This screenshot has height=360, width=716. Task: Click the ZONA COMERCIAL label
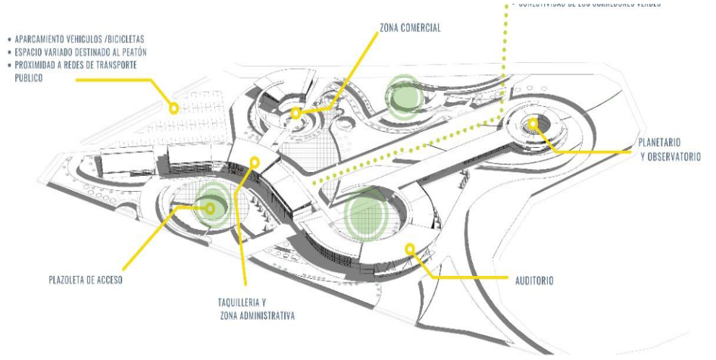pyautogui.click(x=409, y=28)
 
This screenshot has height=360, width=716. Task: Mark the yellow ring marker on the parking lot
pyautogui.click(x=174, y=108)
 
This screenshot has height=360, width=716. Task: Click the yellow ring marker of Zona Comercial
pyautogui.click(x=295, y=113)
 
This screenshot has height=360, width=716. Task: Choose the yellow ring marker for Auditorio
pyautogui.click(x=410, y=247)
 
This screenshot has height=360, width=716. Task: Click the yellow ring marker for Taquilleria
pyautogui.click(x=255, y=161)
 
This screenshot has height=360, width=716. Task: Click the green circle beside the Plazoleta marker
pyautogui.click(x=214, y=205)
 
